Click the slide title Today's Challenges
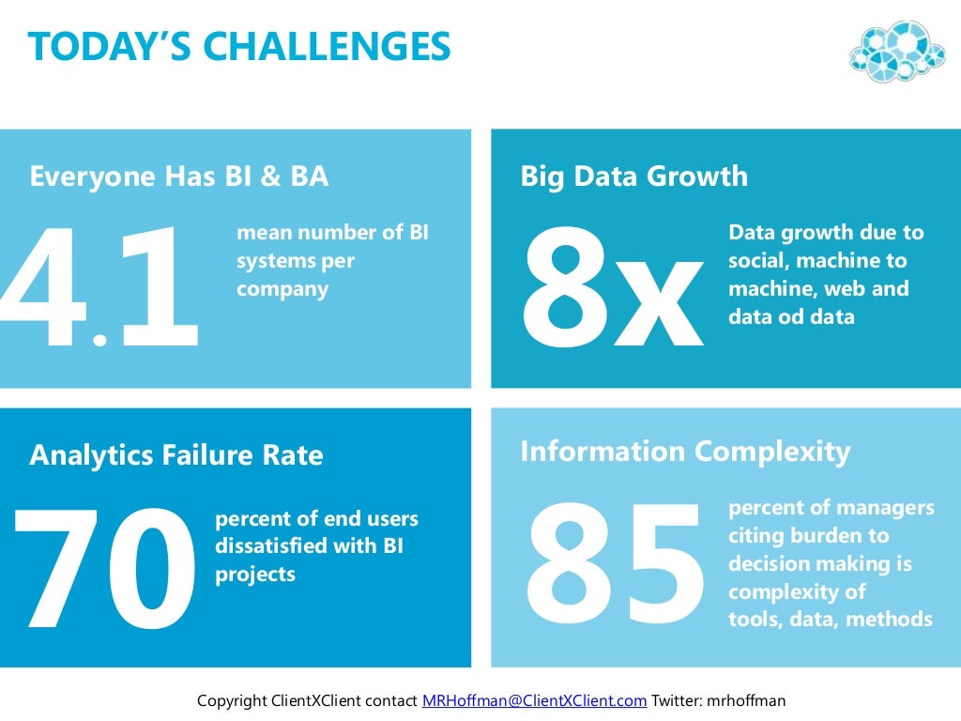(239, 46)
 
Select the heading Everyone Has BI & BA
(179, 176)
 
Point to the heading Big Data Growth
(634, 176)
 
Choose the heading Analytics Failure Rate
(176, 455)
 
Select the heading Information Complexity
(685, 452)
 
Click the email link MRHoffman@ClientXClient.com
(534, 700)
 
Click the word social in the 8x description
(755, 260)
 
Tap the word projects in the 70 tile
(255, 574)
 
